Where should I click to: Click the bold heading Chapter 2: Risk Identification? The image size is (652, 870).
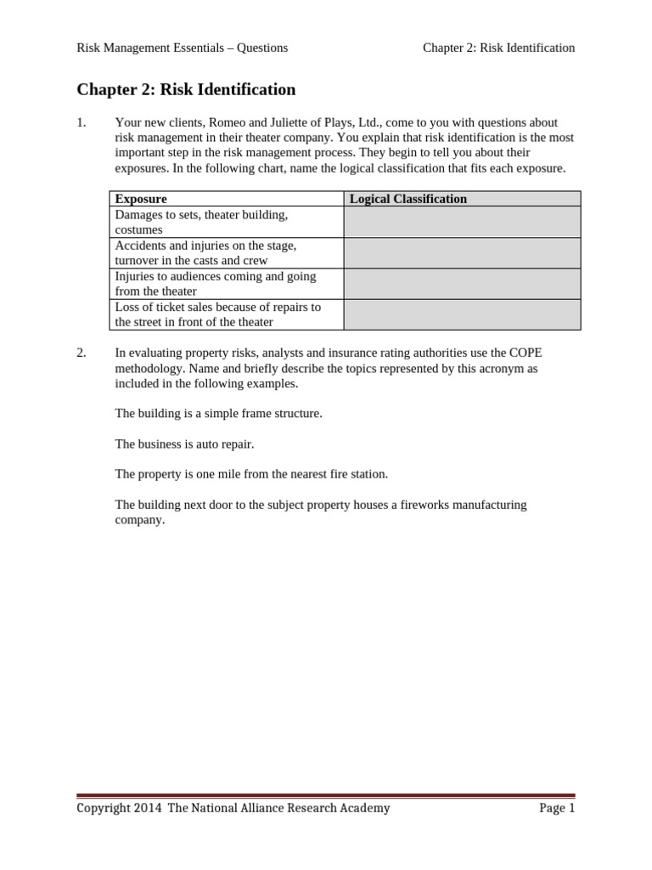tap(186, 89)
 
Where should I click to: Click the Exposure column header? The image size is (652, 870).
tap(141, 199)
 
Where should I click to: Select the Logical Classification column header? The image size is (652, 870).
tap(408, 199)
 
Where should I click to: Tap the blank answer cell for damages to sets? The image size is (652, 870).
tap(462, 222)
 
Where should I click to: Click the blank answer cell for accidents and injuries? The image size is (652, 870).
tap(462, 253)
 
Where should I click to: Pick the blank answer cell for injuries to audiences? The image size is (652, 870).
tap(462, 284)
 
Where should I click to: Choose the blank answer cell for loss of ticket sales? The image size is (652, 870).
tap(462, 314)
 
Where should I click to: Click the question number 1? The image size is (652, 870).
tap(81, 122)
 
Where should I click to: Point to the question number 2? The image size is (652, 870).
tap(81, 353)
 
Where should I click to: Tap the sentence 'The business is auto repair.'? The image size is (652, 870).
tap(184, 443)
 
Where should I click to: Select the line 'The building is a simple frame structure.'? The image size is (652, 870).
tap(218, 413)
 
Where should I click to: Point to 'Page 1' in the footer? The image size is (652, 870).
tap(557, 808)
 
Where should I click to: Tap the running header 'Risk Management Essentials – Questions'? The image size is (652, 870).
tap(182, 48)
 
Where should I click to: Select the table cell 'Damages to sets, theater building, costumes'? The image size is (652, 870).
tap(201, 222)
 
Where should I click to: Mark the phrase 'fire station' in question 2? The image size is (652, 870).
tap(357, 474)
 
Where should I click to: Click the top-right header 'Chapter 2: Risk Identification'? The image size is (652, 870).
tap(498, 48)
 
